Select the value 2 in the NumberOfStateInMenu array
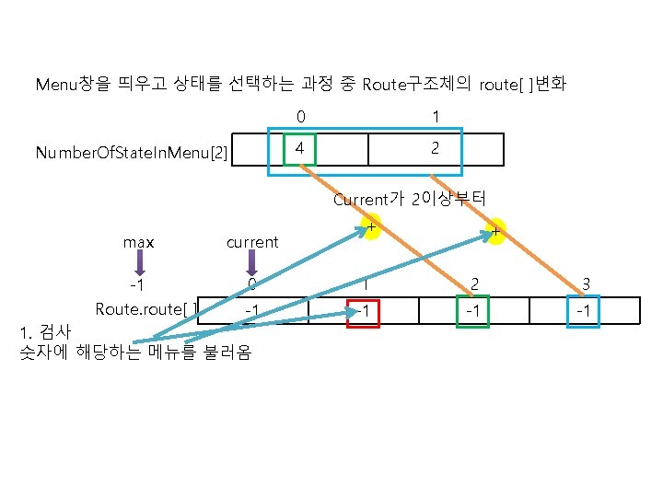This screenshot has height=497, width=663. (x=436, y=147)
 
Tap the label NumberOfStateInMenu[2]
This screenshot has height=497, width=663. (x=132, y=151)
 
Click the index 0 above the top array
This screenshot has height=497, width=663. (x=300, y=117)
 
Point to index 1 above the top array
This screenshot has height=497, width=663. (x=436, y=117)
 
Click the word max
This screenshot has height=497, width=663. (x=139, y=242)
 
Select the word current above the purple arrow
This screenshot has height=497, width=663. (x=251, y=242)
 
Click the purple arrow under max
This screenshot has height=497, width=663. (x=138, y=264)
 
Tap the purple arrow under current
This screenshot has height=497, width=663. (x=250, y=264)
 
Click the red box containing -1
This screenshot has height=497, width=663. (x=365, y=311)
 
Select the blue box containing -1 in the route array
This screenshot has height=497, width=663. (x=582, y=311)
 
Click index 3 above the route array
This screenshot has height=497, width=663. (x=582, y=284)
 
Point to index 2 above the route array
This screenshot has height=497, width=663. (x=473, y=284)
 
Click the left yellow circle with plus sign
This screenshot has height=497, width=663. (x=371, y=228)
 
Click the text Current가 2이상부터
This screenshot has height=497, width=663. (x=409, y=199)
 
